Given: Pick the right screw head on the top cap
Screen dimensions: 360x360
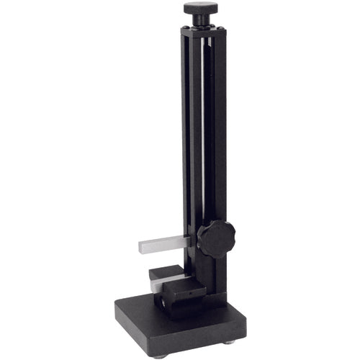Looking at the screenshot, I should pos(221,29).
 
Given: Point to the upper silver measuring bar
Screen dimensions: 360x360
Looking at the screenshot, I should pos(166,245).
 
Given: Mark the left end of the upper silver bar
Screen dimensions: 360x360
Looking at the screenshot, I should pos(140,247).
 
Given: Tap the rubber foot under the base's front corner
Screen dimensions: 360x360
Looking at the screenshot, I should pos(158,354).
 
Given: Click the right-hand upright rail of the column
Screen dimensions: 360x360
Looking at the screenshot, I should pos(220,144).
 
